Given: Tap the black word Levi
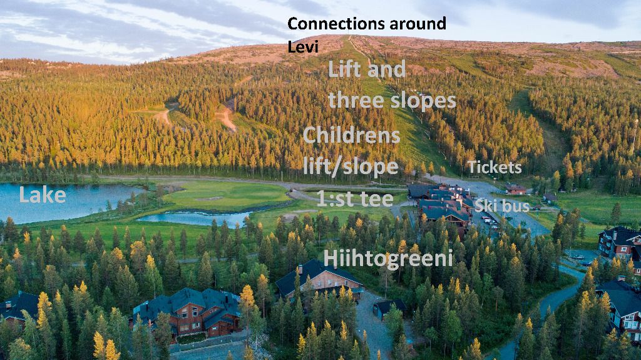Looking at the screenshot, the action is click(x=302, y=46).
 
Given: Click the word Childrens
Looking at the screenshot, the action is click(x=351, y=135).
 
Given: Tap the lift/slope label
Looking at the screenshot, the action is click(x=351, y=167).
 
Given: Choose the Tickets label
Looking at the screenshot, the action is click(x=495, y=167).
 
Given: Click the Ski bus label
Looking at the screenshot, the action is click(x=502, y=206).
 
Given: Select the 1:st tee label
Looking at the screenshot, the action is click(x=355, y=199).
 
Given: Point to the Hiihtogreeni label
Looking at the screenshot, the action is click(x=388, y=259).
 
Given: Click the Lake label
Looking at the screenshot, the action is click(x=42, y=195).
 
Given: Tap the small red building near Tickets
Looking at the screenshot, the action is click(x=515, y=190).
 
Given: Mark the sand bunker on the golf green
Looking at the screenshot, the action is click(x=209, y=199).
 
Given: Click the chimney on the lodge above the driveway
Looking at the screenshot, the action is click(x=300, y=269).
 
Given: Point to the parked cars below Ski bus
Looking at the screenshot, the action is click(x=490, y=222).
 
